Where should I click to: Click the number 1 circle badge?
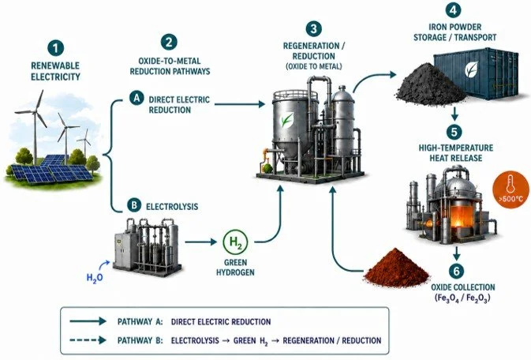tap(55, 48)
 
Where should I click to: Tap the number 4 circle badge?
tap(454, 9)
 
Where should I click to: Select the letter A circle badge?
tap(136, 99)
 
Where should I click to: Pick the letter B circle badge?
tap(134, 205)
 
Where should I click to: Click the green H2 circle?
tap(235, 242)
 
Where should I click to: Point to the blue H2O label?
tap(95, 278)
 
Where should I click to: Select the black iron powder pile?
tap(429, 83)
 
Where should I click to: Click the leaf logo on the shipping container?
tap(472, 69)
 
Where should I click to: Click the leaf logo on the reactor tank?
tap(287, 120)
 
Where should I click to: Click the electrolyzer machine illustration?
tap(146, 245)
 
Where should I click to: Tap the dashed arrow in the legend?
tap(88, 340)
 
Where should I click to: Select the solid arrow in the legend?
tap(88, 321)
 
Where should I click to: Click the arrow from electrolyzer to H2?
tap(201, 242)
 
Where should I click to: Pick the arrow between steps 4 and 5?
tap(454, 114)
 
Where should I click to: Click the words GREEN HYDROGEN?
tap(235, 267)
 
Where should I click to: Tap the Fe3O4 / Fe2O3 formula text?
tap(462, 298)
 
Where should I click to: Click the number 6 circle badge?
tap(457, 272)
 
